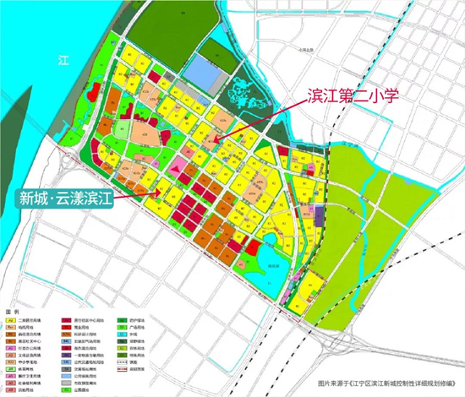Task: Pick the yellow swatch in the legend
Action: pyautogui.click(x=11, y=320)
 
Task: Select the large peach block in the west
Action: pyautogui.click(x=142, y=134)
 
